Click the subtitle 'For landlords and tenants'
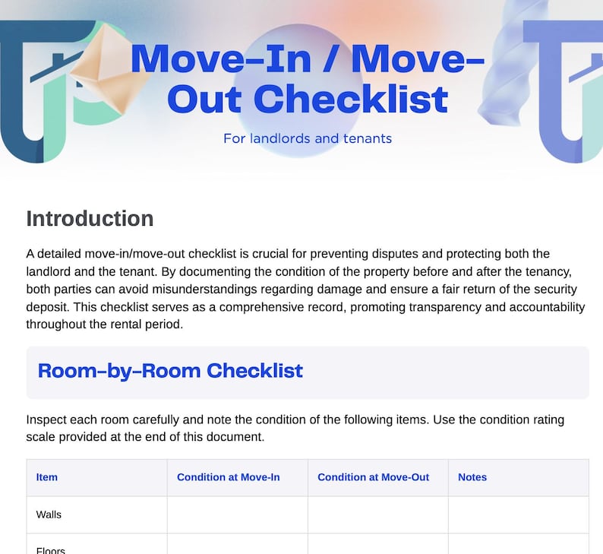pyautogui.click(x=307, y=139)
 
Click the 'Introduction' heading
pyautogui.click(x=90, y=219)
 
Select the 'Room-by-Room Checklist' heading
pyautogui.click(x=170, y=371)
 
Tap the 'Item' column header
pyautogui.click(x=47, y=477)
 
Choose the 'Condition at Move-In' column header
pyautogui.click(x=229, y=477)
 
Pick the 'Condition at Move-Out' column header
pyautogui.click(x=373, y=477)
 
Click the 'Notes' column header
pyautogui.click(x=472, y=477)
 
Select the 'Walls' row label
pyautogui.click(x=49, y=514)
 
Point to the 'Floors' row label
pyautogui.click(x=51, y=549)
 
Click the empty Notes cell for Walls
pyautogui.click(x=518, y=514)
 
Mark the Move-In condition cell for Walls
pyautogui.click(x=237, y=514)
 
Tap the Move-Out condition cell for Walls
pyautogui.click(x=377, y=514)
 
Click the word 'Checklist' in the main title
pyautogui.click(x=350, y=100)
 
